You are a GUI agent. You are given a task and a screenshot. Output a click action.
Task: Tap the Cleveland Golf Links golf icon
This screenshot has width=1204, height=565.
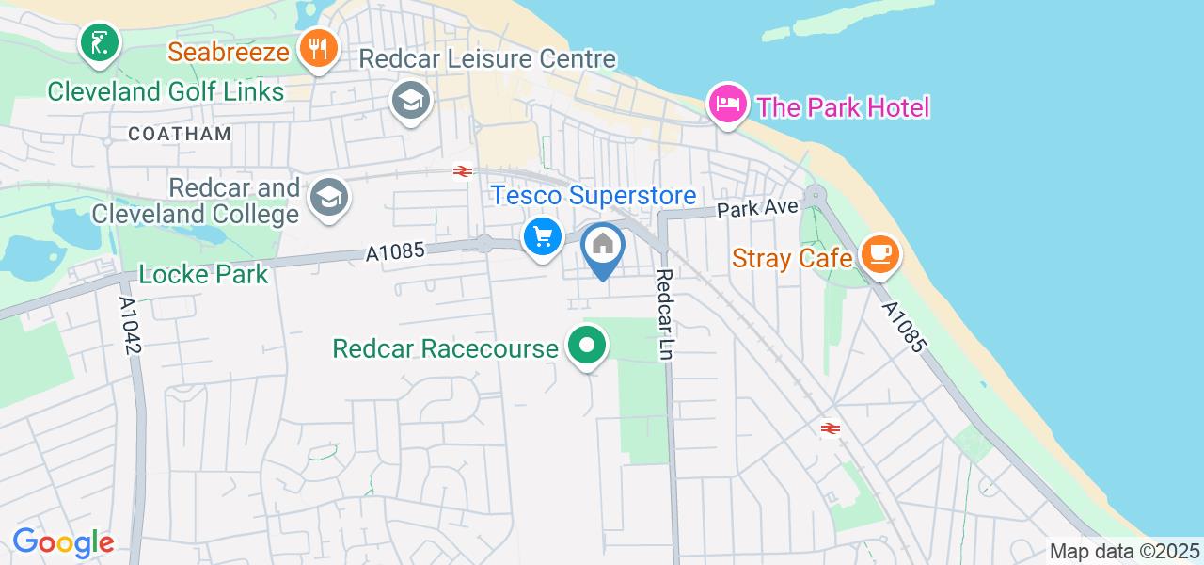99,42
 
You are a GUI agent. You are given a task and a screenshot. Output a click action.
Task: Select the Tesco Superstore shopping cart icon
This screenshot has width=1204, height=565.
542,236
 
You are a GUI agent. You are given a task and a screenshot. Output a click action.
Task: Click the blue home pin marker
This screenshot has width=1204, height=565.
603,247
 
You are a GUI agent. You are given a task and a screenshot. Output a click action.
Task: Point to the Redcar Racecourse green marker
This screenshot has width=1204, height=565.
588,347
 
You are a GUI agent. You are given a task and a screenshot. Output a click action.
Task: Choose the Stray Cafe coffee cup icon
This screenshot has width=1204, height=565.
880,253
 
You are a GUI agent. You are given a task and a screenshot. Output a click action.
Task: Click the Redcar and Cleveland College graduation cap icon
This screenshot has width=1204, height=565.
330,198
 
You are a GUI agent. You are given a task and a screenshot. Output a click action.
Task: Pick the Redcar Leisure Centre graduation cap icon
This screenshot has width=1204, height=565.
411,100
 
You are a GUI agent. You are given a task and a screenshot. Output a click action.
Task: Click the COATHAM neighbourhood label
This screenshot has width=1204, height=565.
180,134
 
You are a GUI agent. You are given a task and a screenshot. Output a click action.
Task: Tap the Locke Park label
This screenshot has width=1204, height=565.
203,275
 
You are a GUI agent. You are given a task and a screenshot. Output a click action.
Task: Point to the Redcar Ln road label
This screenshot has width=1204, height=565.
665,315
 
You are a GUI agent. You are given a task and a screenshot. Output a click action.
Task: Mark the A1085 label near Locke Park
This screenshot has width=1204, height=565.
395,251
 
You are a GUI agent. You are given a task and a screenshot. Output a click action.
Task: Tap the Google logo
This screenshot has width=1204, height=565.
63,542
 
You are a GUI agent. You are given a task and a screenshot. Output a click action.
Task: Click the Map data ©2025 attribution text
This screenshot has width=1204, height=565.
1125,552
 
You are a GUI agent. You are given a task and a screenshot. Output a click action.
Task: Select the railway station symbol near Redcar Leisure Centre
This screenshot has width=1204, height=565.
462,170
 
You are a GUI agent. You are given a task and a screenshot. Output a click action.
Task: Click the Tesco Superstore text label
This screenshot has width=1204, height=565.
593,196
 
